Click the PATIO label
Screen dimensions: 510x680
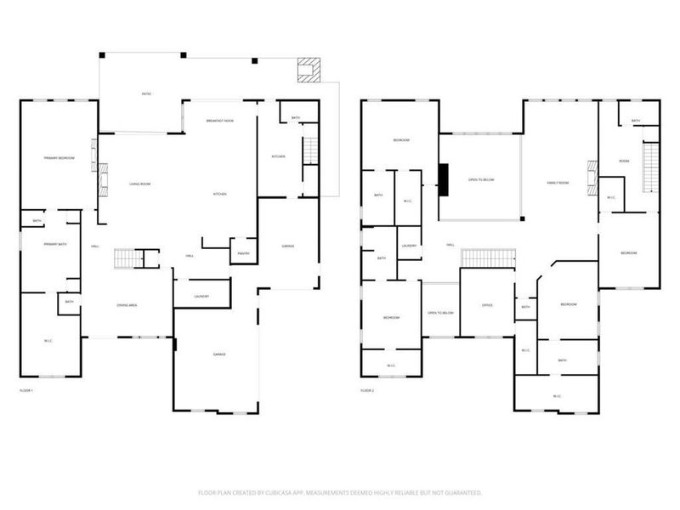pyautogui.click(x=146, y=93)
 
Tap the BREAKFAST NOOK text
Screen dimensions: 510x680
pyautogui.click(x=220, y=121)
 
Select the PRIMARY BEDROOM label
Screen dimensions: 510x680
pyautogui.click(x=59, y=158)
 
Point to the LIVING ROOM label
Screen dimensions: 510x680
pyautogui.click(x=139, y=184)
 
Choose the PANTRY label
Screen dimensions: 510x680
pyautogui.click(x=242, y=252)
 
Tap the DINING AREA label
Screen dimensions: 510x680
pyautogui.click(x=127, y=304)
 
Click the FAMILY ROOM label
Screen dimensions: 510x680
pyautogui.click(x=558, y=183)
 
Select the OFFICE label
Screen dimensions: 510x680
pyautogui.click(x=487, y=305)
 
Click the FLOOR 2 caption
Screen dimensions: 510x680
pyautogui.click(x=367, y=390)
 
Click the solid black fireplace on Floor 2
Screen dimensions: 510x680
pyautogui.click(x=443, y=178)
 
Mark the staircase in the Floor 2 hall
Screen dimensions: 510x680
pyautogui.click(x=488, y=258)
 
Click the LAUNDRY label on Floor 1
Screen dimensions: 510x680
pyautogui.click(x=201, y=296)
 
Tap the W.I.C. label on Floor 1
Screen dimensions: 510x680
pyautogui.click(x=48, y=341)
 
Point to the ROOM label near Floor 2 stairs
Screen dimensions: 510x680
pyautogui.click(x=623, y=161)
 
